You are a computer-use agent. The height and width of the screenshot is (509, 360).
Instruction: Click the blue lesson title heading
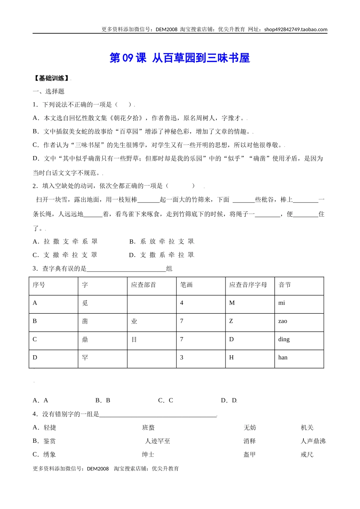tap(180, 58)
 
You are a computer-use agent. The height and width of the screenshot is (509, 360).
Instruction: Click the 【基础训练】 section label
tap(51, 78)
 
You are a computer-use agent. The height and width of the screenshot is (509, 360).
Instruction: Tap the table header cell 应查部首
tap(144, 285)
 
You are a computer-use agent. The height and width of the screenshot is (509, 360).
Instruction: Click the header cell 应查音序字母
tap(248, 285)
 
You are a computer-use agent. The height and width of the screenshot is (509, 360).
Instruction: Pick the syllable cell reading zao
tap(283, 321)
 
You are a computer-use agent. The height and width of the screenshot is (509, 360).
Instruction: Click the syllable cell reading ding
tap(284, 339)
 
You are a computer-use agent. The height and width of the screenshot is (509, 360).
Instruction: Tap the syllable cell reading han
tap(283, 358)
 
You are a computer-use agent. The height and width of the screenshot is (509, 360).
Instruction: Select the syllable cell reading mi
tap(282, 303)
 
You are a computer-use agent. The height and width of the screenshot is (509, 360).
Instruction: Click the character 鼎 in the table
tap(85, 340)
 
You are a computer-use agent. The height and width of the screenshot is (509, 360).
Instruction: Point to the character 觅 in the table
tap(85, 303)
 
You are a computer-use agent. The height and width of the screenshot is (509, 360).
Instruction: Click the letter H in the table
tap(232, 358)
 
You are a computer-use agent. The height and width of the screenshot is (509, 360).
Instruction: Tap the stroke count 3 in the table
tap(182, 358)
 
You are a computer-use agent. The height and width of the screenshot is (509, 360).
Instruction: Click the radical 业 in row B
tap(134, 322)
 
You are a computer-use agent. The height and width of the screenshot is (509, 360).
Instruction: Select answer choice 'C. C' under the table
tap(166, 400)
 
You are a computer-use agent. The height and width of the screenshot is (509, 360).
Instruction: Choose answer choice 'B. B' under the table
tap(103, 400)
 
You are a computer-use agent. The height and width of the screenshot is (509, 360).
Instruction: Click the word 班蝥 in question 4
tap(149, 428)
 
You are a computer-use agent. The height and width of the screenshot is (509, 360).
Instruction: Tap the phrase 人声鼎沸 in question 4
tap(313, 441)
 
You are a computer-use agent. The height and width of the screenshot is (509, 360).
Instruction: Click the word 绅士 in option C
tap(148, 454)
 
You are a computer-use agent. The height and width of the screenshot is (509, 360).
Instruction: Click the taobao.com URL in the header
tap(296, 30)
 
